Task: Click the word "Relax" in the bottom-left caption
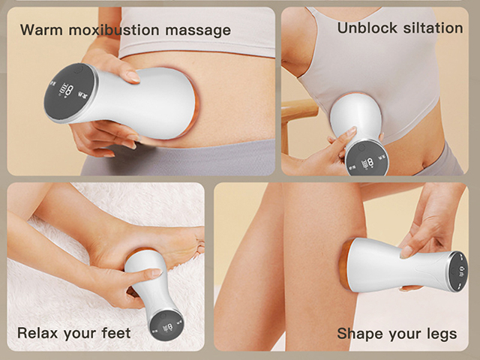[38, 332]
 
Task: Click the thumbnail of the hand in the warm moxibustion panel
[132, 77]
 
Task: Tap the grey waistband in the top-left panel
[217, 157]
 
